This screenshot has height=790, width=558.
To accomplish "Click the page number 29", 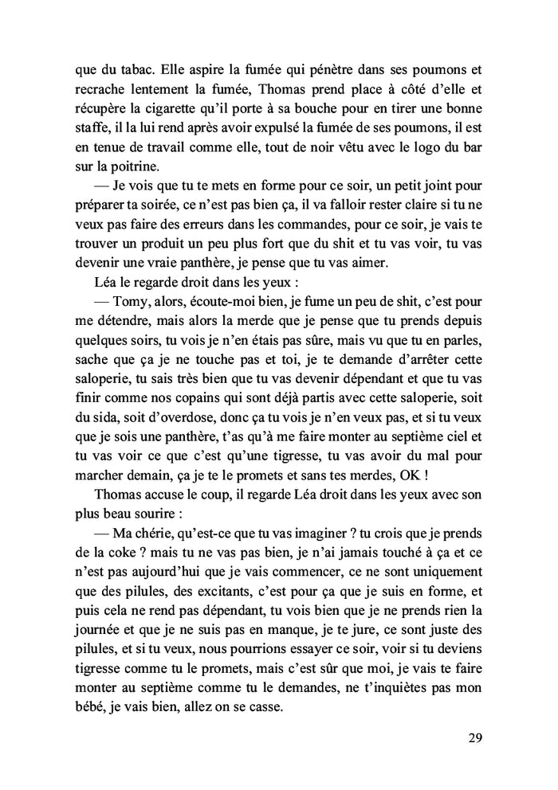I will [x=474, y=737].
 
